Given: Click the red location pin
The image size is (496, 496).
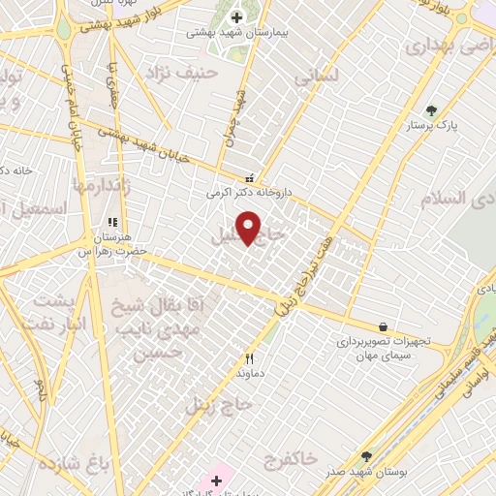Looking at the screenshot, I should pyautogui.click(x=250, y=228).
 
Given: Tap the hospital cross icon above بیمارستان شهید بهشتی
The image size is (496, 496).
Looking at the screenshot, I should pyautogui.click(x=236, y=16).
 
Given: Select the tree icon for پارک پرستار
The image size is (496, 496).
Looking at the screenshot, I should pyautogui.click(x=432, y=110).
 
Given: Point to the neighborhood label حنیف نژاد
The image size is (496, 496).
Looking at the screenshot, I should pyautogui.click(x=176, y=73).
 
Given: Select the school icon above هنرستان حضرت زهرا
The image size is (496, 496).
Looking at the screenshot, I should pyautogui.click(x=112, y=222).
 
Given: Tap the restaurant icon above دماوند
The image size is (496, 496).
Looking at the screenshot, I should pyautogui.click(x=248, y=356).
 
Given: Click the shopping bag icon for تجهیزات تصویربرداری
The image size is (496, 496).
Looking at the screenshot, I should pyautogui.click(x=385, y=327).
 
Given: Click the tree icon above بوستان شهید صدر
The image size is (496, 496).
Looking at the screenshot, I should pyautogui.click(x=366, y=455).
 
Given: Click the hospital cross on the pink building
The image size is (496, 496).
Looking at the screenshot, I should pyautogui.click(x=216, y=480).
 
